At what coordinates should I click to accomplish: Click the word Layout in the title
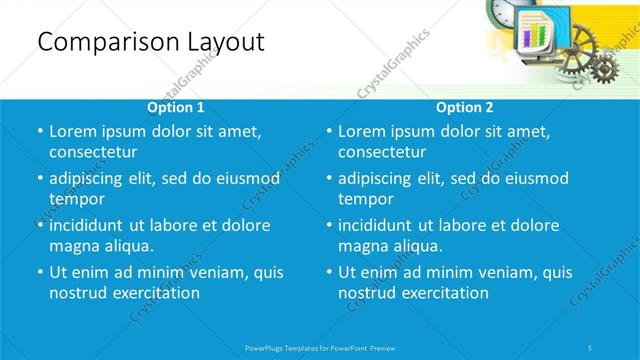pos(222,42)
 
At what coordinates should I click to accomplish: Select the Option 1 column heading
pos(176,107)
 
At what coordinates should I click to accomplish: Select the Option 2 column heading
pos(465,107)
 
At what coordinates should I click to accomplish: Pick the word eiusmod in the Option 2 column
pos(533,179)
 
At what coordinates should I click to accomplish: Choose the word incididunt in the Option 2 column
pos(381,225)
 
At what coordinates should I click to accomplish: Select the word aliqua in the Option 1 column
pos(125,246)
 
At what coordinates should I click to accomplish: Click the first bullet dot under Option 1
pos(38,132)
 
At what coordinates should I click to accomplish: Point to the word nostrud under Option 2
pos(367,293)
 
